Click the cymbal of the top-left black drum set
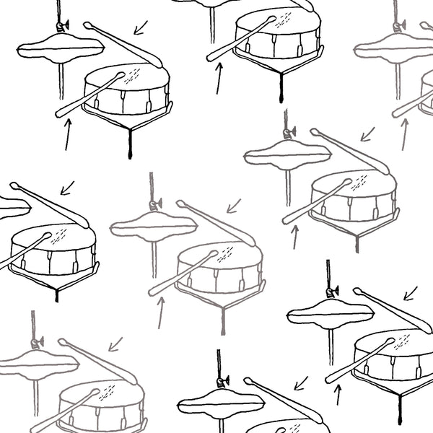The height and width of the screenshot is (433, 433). coord(61,48)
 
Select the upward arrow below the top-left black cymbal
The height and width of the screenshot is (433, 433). coord(67,134)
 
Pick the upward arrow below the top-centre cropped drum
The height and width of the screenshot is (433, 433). coord(219,78)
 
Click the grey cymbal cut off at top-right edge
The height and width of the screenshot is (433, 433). coord(393,48)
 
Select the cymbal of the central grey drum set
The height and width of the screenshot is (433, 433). coord(153,226)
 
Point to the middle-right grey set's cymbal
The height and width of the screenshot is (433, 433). coord(287,154)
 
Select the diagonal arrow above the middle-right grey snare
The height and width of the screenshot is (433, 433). coord(368,134)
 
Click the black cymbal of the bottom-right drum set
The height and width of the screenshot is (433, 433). coord(331,315)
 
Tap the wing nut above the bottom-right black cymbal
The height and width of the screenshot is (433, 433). coord(332,292)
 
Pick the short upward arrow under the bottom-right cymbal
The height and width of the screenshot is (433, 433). coord(337,394)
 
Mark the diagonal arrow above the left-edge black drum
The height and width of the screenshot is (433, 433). coord(67,188)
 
